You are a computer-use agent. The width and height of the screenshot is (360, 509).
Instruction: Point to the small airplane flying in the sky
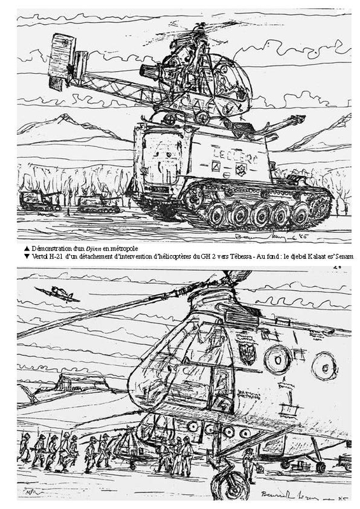[x=56, y=294]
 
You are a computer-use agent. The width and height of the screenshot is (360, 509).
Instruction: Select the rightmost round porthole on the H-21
[x=324, y=366]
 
